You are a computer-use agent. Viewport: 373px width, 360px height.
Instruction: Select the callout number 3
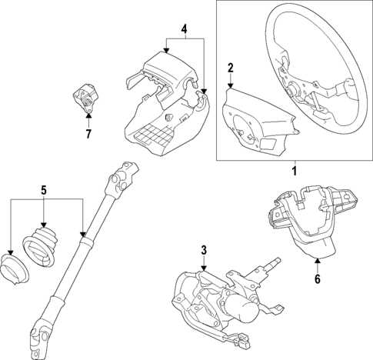(203, 249)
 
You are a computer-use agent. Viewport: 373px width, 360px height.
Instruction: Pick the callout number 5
(44, 188)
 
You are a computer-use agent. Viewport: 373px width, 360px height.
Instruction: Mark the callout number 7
(88, 135)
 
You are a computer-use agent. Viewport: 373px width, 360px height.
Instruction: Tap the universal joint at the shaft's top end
(125, 178)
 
